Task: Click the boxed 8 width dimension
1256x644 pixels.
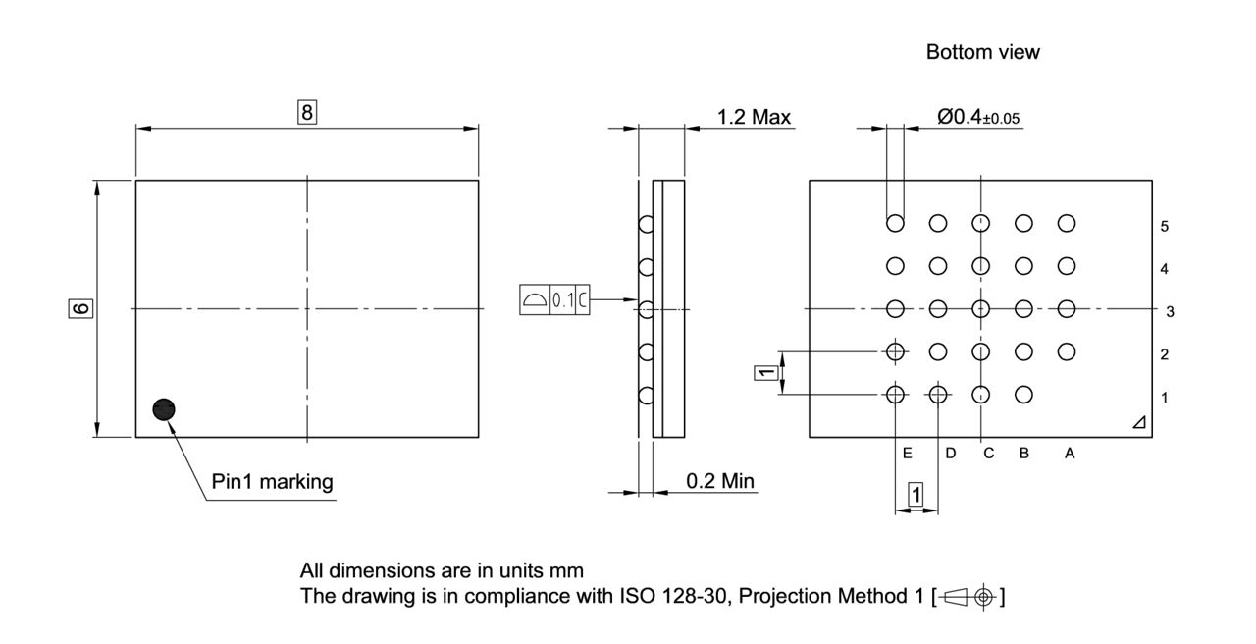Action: [x=307, y=112]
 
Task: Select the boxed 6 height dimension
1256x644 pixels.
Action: [x=82, y=308]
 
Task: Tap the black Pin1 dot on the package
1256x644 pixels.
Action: [x=164, y=409]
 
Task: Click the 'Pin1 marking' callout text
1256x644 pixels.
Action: [x=272, y=482]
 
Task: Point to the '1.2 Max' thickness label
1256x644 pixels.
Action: [x=754, y=118]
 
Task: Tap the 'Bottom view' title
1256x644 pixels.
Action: [x=982, y=53]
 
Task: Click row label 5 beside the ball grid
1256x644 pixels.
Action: [x=1165, y=226]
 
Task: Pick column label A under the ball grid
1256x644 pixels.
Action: [x=1070, y=454]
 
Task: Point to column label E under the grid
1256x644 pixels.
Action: [x=907, y=454]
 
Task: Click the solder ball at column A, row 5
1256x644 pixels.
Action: [x=1067, y=223]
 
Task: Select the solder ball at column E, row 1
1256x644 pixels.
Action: [x=895, y=395]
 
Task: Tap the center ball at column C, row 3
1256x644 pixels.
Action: [x=980, y=308]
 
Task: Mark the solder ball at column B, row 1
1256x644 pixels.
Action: [x=1023, y=395]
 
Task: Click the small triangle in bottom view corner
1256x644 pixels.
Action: [x=1138, y=422]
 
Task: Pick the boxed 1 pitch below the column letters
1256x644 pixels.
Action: [x=916, y=496]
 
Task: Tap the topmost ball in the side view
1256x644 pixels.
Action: [x=646, y=224]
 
